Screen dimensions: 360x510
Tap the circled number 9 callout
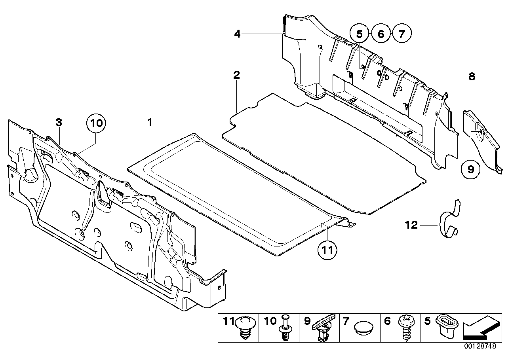[x=471, y=169]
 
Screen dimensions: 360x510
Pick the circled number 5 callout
[x=359, y=34]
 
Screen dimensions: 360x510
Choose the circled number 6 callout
[x=381, y=34]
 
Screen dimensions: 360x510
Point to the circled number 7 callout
[x=402, y=34]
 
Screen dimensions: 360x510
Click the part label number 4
[x=237, y=34]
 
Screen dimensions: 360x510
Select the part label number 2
[x=236, y=75]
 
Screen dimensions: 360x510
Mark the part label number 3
[x=59, y=123]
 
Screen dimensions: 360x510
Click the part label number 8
[x=472, y=77]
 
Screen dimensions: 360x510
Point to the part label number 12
[x=411, y=225]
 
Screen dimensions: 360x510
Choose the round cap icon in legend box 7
[x=363, y=328]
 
